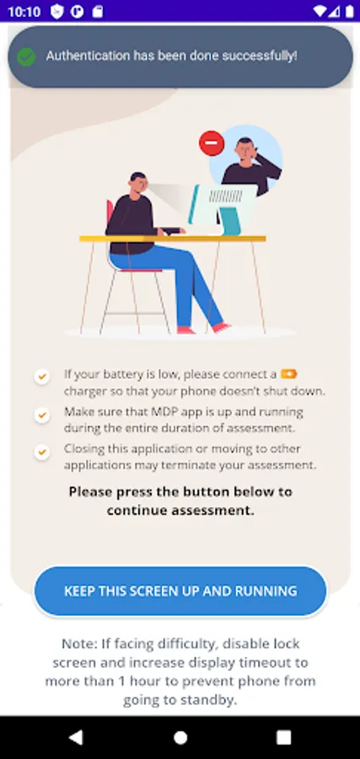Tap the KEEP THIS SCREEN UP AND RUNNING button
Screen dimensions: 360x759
coord(180,591)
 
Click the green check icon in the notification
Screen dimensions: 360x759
coord(26,57)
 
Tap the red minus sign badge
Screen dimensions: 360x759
coord(212,143)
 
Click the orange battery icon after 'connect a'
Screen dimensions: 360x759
coord(289,374)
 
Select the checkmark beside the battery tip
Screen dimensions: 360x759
coord(42,376)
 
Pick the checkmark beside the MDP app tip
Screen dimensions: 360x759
coord(42,415)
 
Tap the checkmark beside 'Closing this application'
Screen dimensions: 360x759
coord(42,452)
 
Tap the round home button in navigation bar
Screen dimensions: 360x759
coord(180,737)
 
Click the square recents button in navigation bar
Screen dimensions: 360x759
coord(283,737)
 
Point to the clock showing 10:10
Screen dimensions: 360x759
coord(24,11)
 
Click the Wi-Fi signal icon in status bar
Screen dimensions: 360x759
coord(320,11)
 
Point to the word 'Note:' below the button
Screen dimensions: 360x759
coord(79,643)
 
